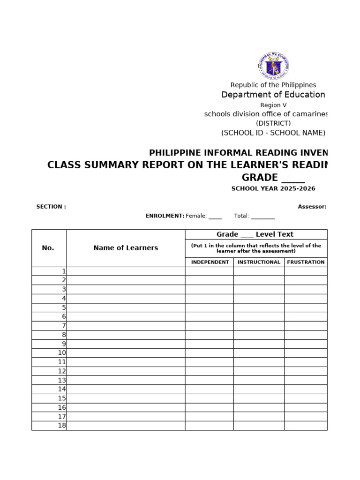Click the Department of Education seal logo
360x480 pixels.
point(273,66)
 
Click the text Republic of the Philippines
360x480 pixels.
point(273,85)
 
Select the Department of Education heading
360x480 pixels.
point(273,95)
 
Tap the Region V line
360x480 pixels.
point(273,105)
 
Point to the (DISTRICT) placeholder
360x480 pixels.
point(273,123)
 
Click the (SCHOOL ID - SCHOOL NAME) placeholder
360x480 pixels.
point(273,133)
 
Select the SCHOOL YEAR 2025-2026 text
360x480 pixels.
point(273,188)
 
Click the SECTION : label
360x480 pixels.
point(51,207)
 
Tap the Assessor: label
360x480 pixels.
point(312,207)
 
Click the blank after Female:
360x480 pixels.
point(215,217)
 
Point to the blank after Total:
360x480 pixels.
point(262,217)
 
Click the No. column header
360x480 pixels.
point(48,248)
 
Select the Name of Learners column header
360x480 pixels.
point(126,248)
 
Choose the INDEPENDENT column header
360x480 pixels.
point(210,262)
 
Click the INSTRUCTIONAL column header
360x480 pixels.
point(259,262)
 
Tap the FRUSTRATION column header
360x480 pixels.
point(306,262)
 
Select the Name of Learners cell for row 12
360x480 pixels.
point(126,371)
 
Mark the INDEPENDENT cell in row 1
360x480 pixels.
point(210,271)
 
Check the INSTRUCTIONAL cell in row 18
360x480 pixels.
point(259,426)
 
